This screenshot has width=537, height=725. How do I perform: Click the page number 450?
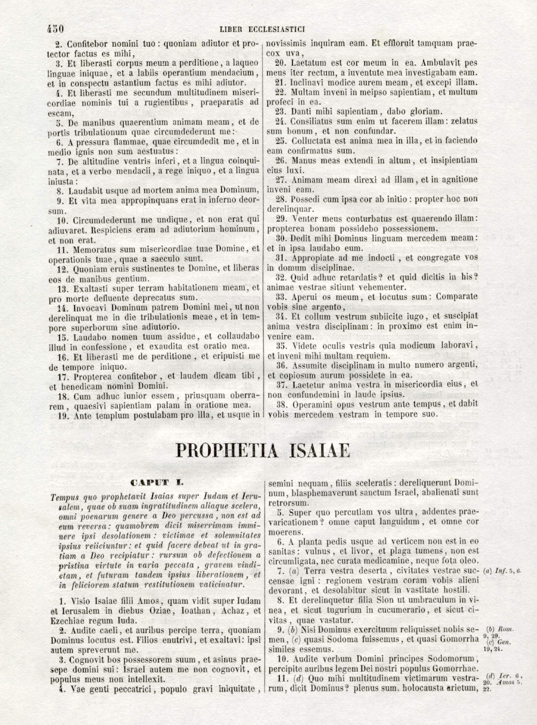55,29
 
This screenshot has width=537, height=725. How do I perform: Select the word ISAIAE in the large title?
320,451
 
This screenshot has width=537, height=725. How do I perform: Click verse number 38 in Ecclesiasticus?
281,405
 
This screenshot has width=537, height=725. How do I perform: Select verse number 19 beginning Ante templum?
63,416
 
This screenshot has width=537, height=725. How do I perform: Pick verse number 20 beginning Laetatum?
280,63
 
